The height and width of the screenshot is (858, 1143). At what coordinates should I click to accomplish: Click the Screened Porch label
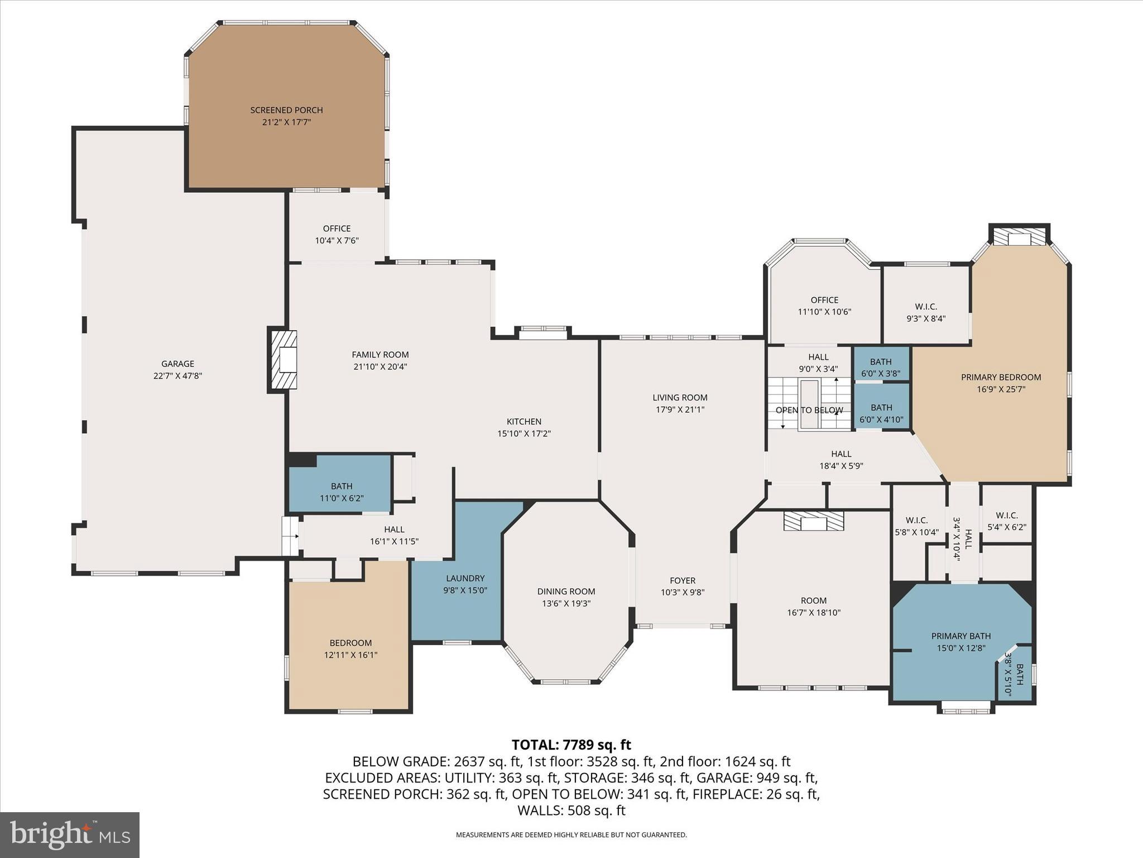[x=286, y=110]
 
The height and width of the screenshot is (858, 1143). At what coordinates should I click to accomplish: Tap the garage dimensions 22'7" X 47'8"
[x=177, y=376]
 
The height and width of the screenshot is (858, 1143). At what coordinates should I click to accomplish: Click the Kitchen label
[x=524, y=421]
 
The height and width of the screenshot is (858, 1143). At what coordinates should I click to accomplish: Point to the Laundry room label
[x=465, y=578]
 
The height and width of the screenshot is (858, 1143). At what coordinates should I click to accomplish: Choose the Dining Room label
[x=566, y=591]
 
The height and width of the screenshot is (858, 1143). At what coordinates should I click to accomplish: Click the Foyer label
[x=682, y=580]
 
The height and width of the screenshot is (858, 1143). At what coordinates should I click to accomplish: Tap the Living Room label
[x=680, y=397]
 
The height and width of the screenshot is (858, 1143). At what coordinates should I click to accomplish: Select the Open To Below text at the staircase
[x=809, y=410]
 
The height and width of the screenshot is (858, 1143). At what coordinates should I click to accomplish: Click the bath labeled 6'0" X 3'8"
[x=881, y=368]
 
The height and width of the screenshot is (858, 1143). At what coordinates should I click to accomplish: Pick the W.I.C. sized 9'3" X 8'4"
[x=925, y=312]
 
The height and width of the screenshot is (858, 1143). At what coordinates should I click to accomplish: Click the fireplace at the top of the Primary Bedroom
[x=1019, y=237]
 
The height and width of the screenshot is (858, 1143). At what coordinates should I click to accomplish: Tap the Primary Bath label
[x=960, y=636]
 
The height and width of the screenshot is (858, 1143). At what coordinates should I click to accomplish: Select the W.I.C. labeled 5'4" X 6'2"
[x=1006, y=521]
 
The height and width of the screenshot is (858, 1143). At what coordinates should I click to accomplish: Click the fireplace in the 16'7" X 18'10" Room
[x=813, y=522]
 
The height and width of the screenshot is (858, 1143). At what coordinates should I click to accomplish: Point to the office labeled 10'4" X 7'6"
[x=337, y=234]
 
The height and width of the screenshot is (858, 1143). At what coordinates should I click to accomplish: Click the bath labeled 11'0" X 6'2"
[x=341, y=492]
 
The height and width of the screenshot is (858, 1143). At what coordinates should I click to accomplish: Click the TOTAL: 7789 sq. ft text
[x=571, y=745]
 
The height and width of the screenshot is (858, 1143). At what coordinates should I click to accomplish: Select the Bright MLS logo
[x=70, y=835]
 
